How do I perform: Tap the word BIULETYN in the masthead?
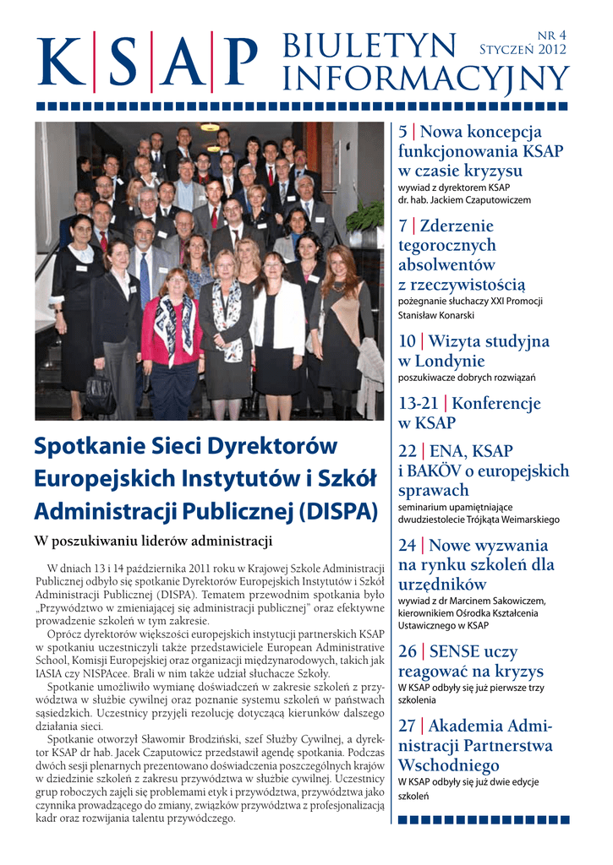point(370,46)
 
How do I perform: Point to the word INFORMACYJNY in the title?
point(425,80)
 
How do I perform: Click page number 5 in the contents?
point(402,133)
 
